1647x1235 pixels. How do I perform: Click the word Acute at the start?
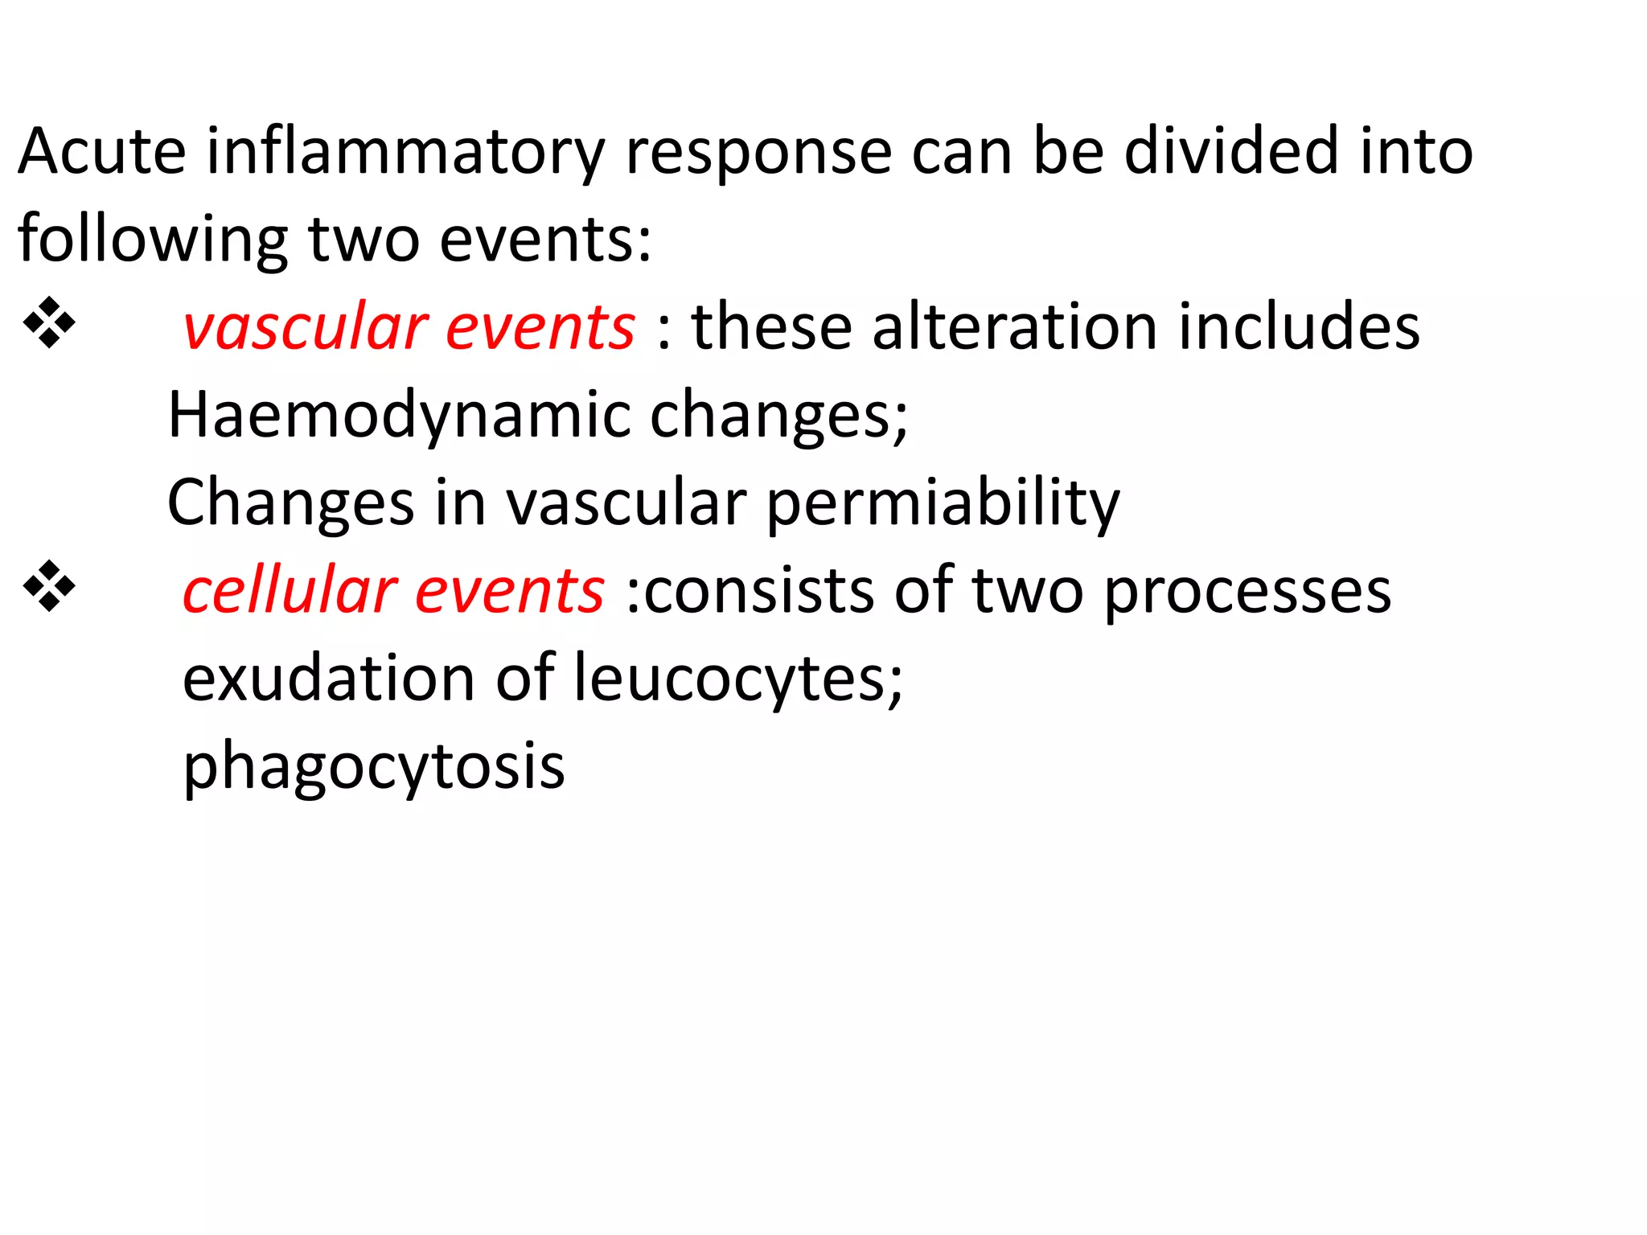tap(102, 152)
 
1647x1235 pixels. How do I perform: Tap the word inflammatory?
tap(405, 152)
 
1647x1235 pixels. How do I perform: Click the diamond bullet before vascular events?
tap(50, 323)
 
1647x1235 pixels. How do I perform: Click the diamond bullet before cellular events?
tap(50, 587)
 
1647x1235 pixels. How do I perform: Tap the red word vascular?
tap(305, 328)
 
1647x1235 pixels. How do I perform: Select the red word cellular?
tap(290, 591)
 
